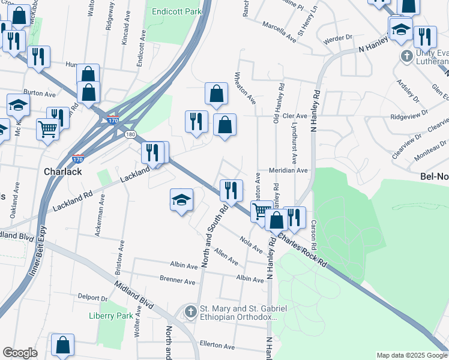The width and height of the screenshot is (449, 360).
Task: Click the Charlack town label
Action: pos(63,171)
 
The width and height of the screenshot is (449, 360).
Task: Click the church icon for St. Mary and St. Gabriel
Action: pos(191,311)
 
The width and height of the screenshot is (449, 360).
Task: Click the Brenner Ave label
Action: pos(178,280)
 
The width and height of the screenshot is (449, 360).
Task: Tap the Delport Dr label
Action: pos(92,297)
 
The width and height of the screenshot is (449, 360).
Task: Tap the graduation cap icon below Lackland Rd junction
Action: pos(181,200)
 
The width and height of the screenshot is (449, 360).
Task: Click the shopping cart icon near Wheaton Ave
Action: pos(261,211)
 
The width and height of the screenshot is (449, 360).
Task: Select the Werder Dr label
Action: pos(337,37)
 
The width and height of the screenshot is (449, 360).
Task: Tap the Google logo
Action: pos(20,353)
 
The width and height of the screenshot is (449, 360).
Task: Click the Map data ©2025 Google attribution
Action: pos(412,355)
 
